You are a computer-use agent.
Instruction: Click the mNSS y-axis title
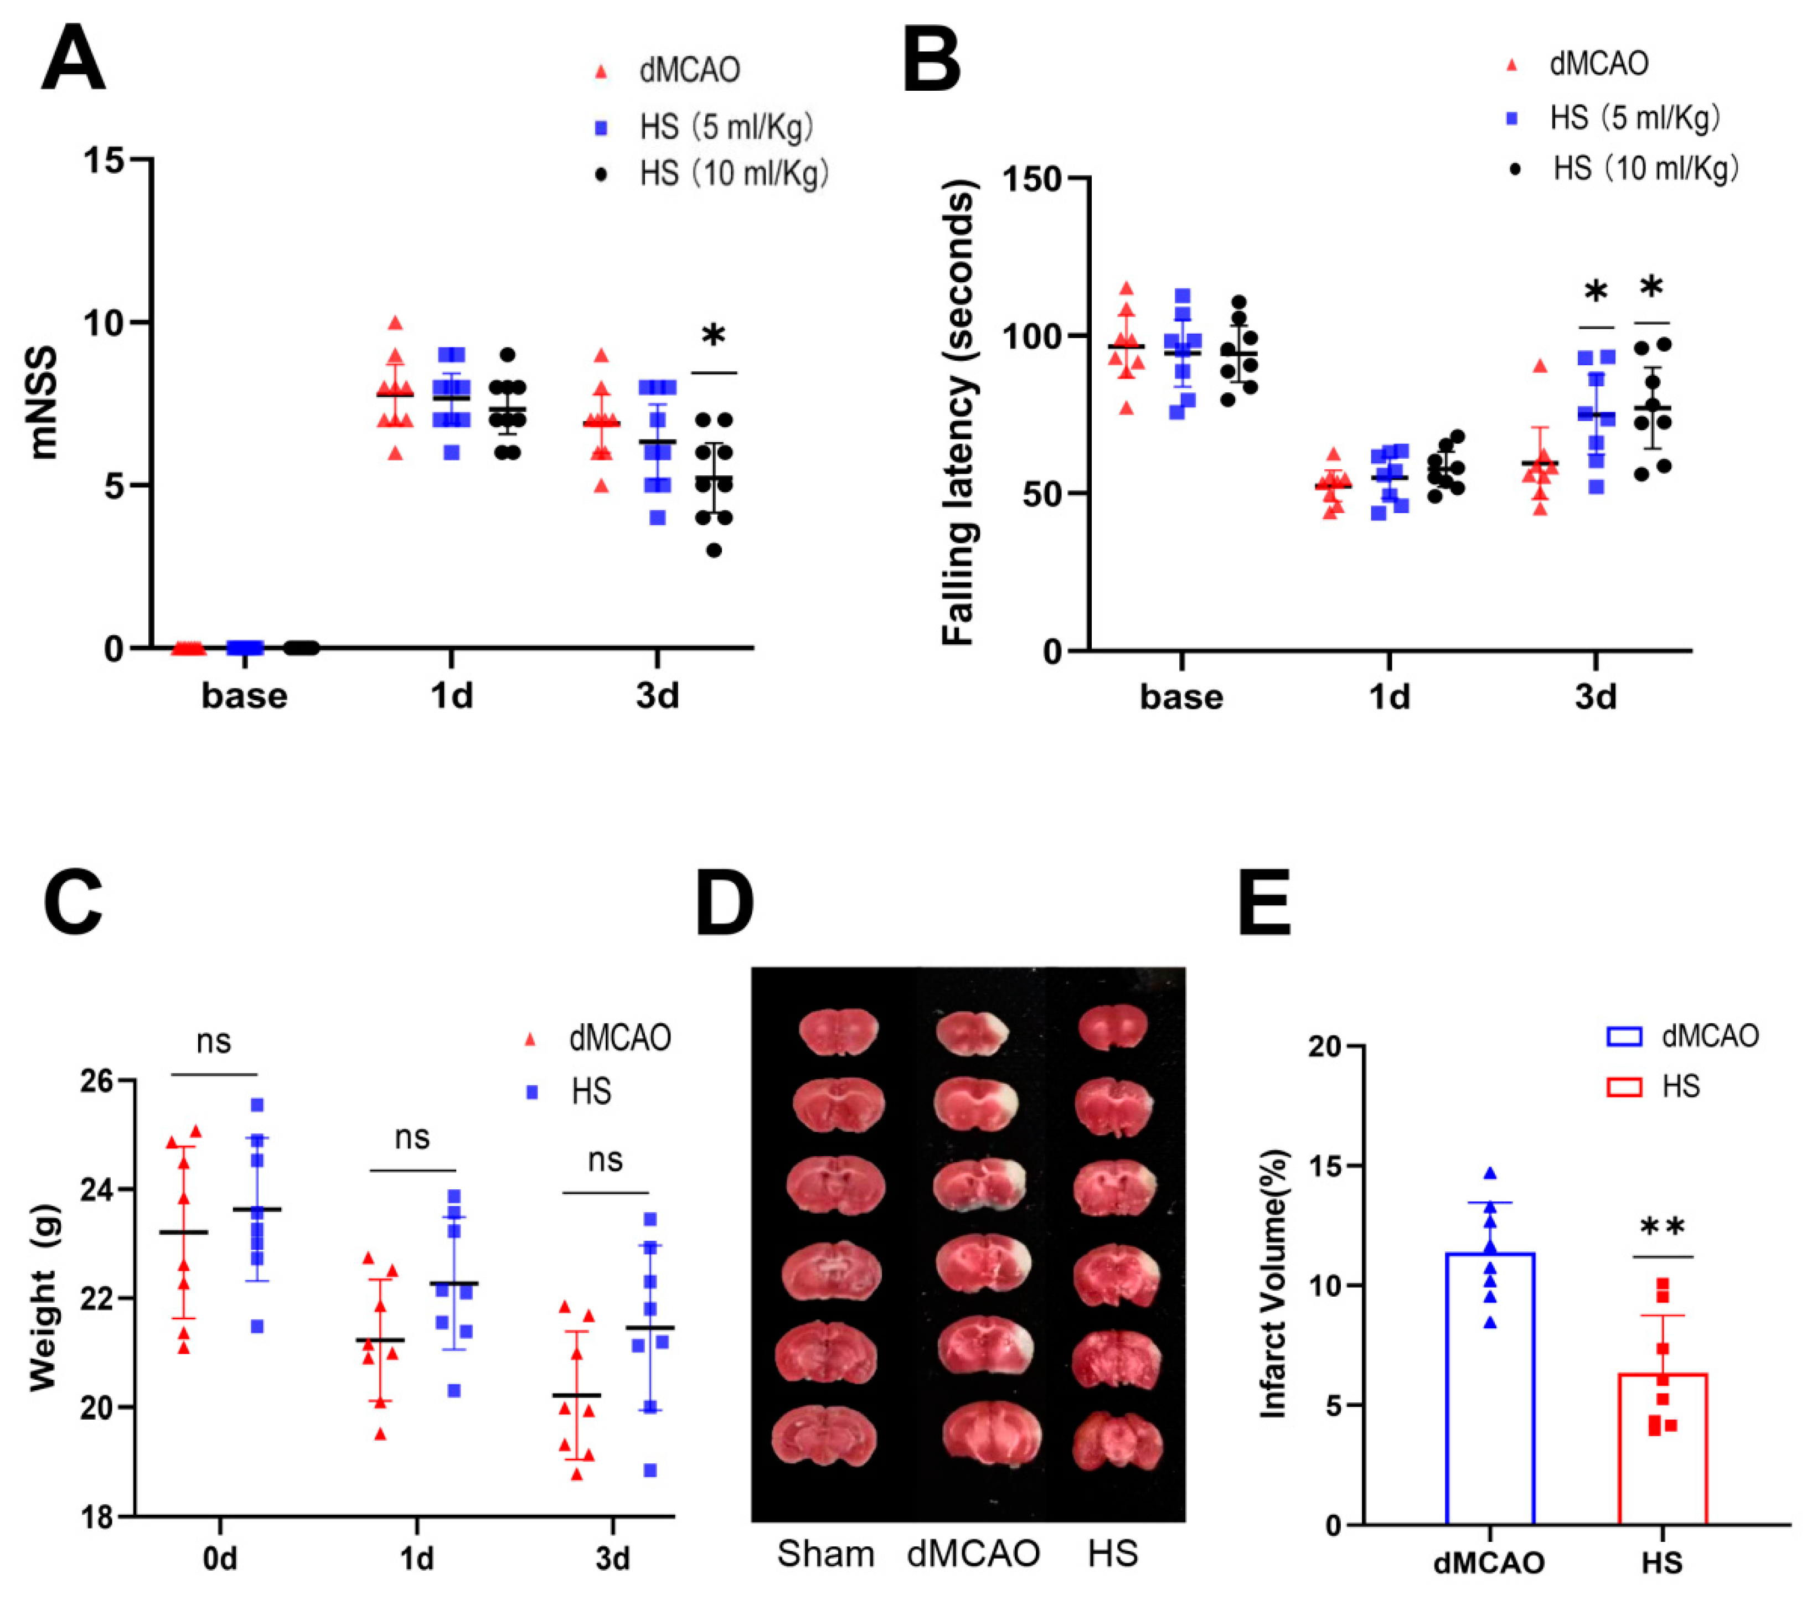pyautogui.click(x=43, y=403)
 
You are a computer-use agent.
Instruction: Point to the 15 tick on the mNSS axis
pyautogui.click(x=105, y=160)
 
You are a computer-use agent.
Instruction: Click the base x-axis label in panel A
pyautogui.click(x=245, y=696)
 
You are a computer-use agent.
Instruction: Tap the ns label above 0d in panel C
pyautogui.click(x=214, y=1040)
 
